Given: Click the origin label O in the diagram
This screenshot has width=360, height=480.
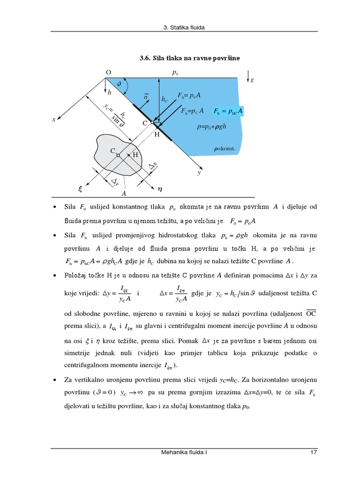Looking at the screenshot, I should coord(108,73).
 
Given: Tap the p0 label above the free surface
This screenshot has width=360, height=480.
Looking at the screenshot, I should coord(175,73).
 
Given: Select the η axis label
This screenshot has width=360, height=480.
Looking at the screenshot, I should coord(160,190).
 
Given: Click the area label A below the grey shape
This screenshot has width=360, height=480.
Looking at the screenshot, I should coord(124,193).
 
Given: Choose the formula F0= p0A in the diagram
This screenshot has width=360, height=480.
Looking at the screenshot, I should coord(189,95).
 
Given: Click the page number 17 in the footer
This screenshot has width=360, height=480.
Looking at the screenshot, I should coord(314,453).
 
